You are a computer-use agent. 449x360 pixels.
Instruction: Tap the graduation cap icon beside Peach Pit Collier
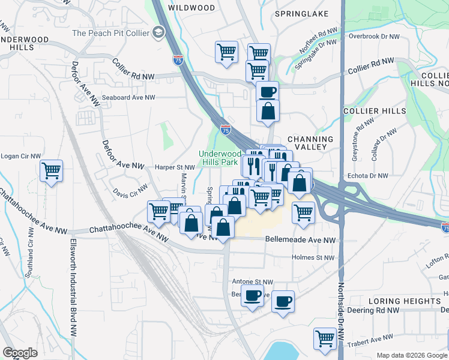(x=159, y=32)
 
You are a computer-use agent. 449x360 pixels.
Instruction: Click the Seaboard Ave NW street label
(x=120, y=97)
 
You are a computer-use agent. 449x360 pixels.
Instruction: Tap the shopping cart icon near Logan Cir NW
(x=52, y=170)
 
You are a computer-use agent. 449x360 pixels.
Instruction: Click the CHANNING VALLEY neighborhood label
(x=310, y=143)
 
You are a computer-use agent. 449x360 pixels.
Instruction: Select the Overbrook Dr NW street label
(x=374, y=36)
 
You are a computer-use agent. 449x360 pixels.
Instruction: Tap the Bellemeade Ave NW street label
(x=300, y=239)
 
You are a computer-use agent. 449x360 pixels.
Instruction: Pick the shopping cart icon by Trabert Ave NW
(x=325, y=338)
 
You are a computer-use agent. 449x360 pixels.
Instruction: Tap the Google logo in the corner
(x=19, y=353)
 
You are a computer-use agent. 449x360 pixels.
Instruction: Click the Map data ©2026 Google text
(x=412, y=355)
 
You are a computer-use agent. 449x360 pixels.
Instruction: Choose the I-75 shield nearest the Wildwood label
(x=178, y=60)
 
